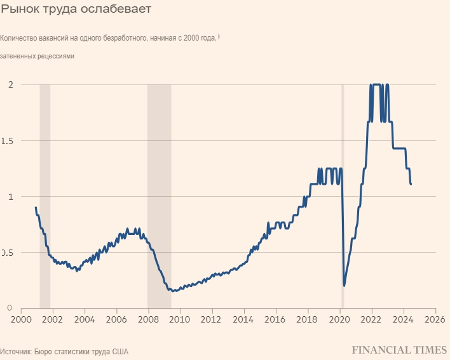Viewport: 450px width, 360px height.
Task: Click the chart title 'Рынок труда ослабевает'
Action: point(76,10)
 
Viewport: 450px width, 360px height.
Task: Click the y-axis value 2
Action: point(9,85)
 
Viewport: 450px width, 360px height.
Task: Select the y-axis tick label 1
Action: point(9,197)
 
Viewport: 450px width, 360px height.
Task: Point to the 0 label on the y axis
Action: point(9,308)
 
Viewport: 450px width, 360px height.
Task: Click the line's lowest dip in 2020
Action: point(344,286)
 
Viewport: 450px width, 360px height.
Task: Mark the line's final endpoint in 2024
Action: point(411,184)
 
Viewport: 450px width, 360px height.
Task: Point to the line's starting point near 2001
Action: point(36,208)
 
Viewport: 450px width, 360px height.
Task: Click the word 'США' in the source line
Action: point(120,350)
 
